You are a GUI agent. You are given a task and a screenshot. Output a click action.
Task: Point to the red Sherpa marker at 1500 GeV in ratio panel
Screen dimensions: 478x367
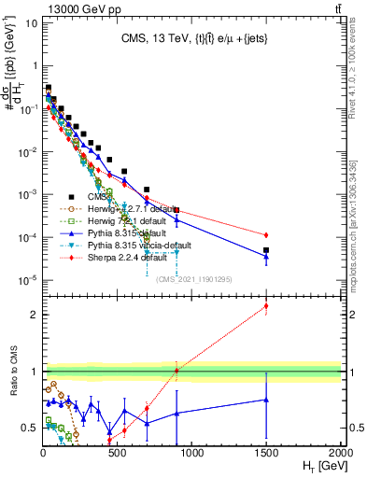click(266, 306)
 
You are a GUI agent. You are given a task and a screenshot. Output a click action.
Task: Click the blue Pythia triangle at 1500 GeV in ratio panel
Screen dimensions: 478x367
click(266, 400)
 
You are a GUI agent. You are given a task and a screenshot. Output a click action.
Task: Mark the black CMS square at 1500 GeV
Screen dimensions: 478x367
click(266, 250)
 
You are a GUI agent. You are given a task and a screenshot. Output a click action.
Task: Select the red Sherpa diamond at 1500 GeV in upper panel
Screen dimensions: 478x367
click(266, 234)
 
